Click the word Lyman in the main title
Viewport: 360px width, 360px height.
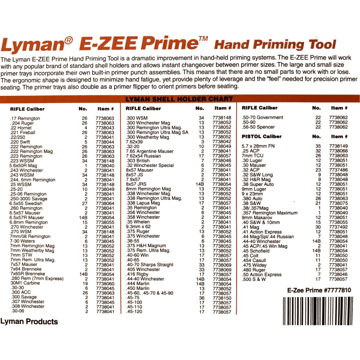[x=33, y=45]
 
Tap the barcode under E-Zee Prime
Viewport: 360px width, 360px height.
[x=318, y=311]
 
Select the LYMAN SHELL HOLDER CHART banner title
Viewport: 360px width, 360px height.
[x=179, y=99]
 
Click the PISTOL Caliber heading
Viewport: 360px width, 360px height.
[x=261, y=136]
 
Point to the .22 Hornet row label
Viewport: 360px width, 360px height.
[x=21, y=128]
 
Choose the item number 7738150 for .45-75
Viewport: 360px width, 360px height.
[x=222, y=298]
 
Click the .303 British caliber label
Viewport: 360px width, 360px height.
[x=138, y=161]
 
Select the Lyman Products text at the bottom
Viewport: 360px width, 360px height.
[x=29, y=322]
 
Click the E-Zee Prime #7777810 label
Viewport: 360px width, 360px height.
[x=319, y=290]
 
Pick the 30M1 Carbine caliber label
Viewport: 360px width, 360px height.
[x=25, y=283]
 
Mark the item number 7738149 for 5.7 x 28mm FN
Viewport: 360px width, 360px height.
[x=338, y=146]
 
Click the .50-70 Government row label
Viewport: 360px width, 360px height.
[x=262, y=117]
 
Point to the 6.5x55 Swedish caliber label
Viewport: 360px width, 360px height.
[x=26, y=203]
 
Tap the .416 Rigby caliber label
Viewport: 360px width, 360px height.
[x=137, y=274]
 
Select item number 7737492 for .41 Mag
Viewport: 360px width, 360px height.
[x=338, y=227]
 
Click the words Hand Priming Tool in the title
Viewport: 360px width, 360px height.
[x=275, y=45]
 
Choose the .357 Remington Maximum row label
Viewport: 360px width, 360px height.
[x=270, y=213]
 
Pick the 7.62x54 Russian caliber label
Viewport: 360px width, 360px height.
[x=143, y=156]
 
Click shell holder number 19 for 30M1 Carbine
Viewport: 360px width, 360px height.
[x=85, y=283]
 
